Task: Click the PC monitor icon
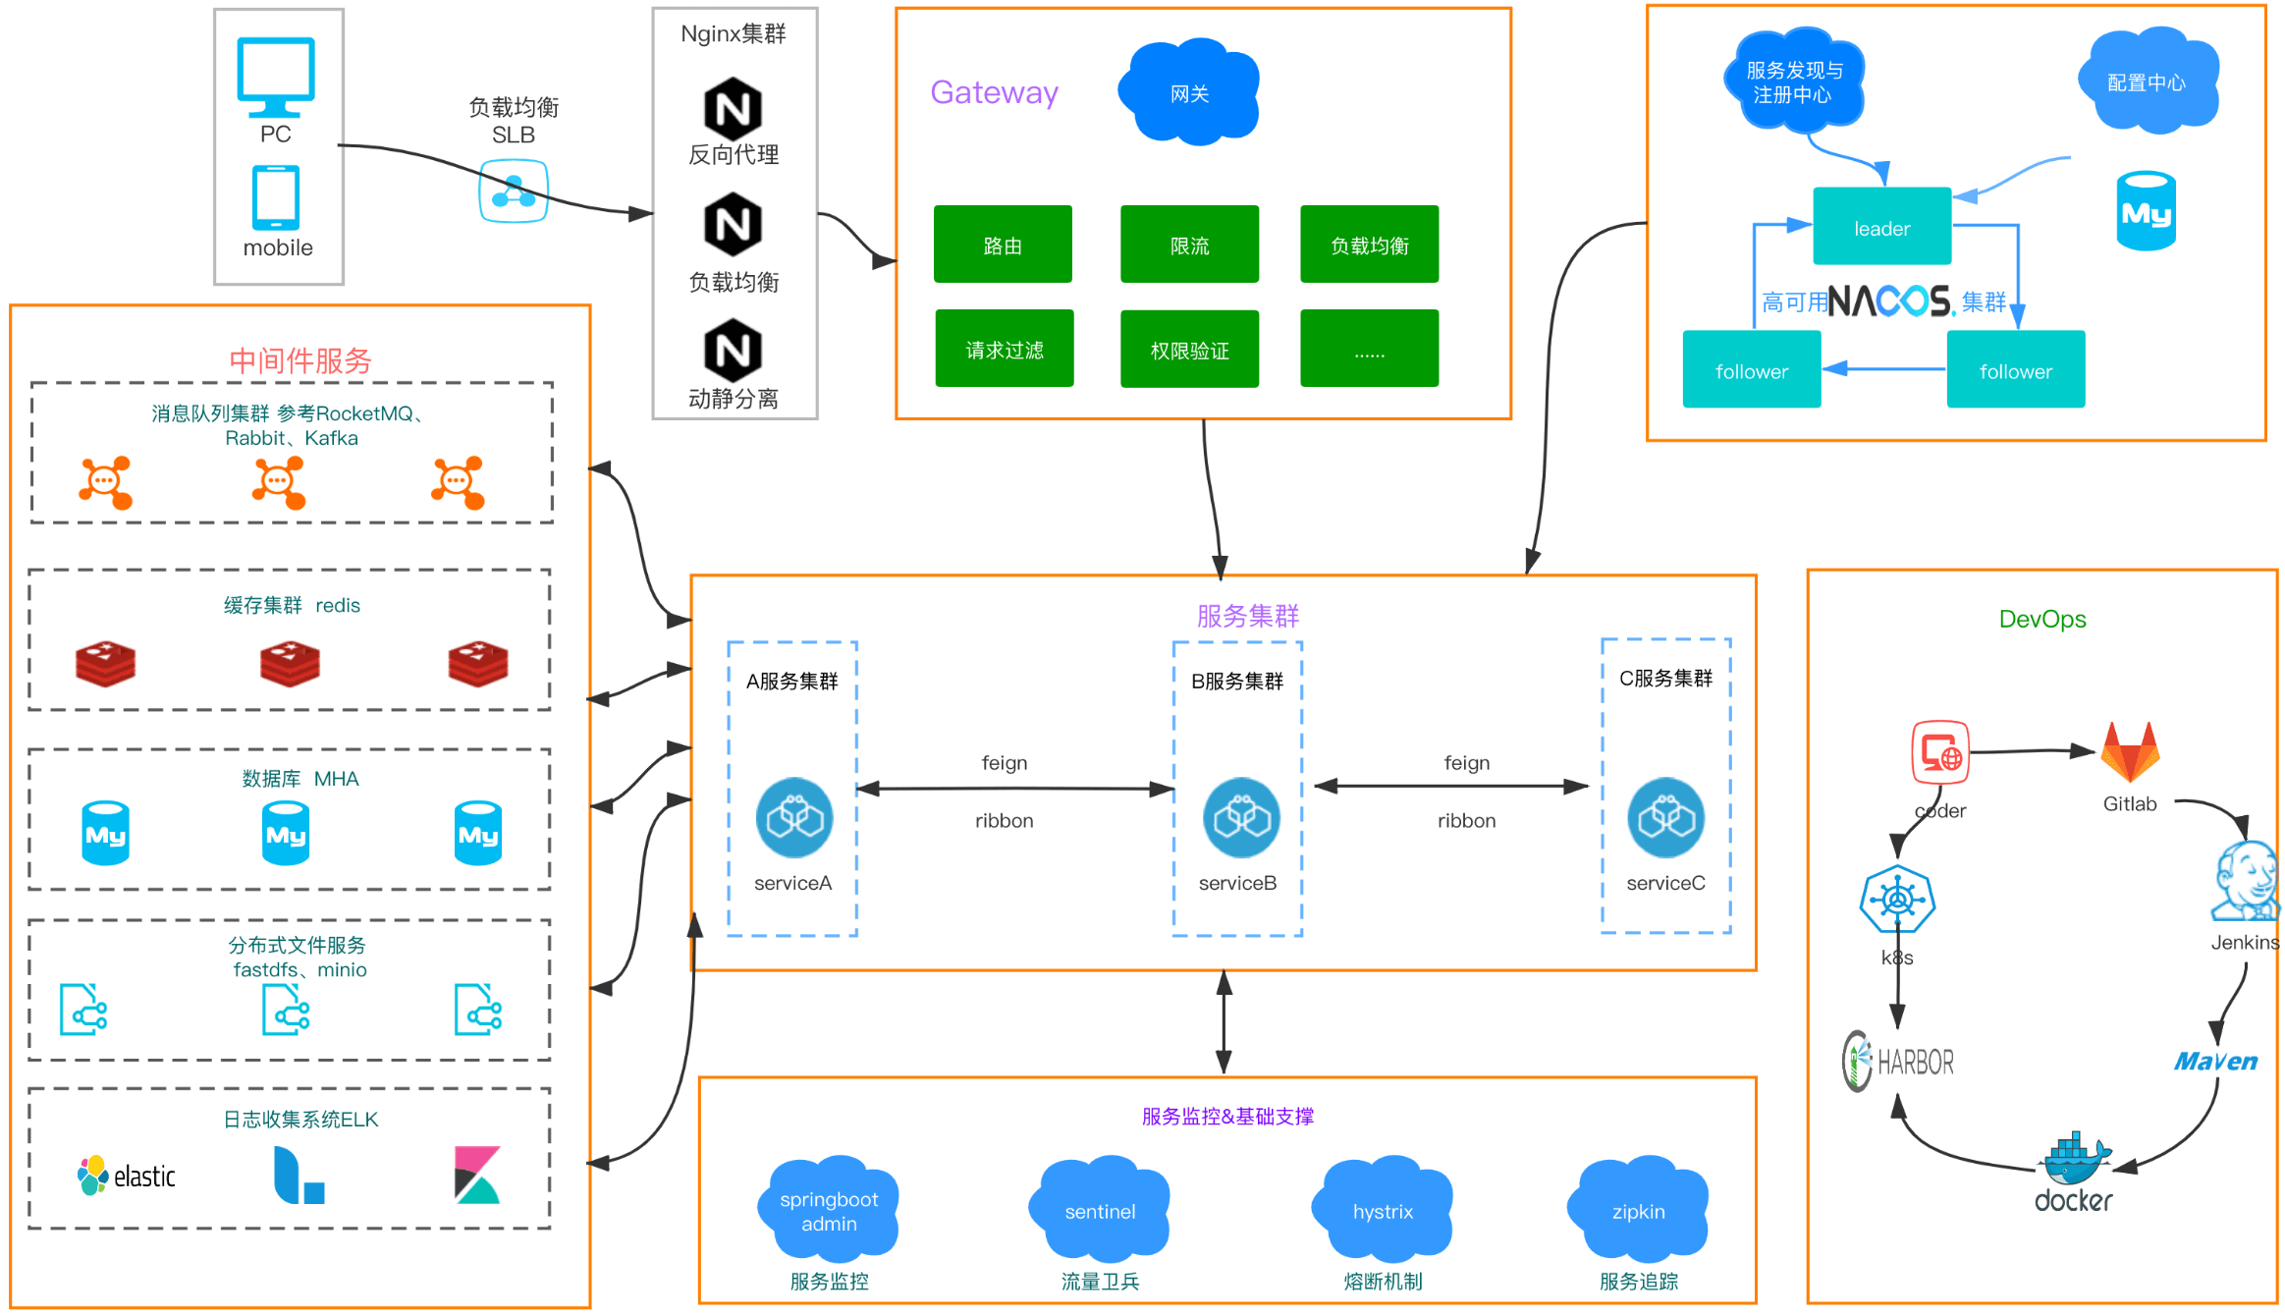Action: click(276, 77)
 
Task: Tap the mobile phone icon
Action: click(276, 198)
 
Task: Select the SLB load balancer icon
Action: click(514, 191)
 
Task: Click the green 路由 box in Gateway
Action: click(1003, 245)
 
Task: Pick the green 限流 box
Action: click(1189, 245)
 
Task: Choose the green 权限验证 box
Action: click(1189, 349)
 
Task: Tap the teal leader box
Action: click(1881, 226)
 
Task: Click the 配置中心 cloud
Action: click(2148, 81)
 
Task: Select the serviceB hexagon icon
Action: click(1241, 817)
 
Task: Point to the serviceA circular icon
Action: click(794, 817)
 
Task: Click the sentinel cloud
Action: click(1100, 1209)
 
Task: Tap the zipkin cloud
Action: click(1638, 1209)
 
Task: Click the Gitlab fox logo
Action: click(2130, 751)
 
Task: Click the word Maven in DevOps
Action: click(2215, 1062)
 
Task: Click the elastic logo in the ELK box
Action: click(127, 1176)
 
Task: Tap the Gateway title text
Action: click(994, 92)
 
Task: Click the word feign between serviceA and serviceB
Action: click(1004, 763)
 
